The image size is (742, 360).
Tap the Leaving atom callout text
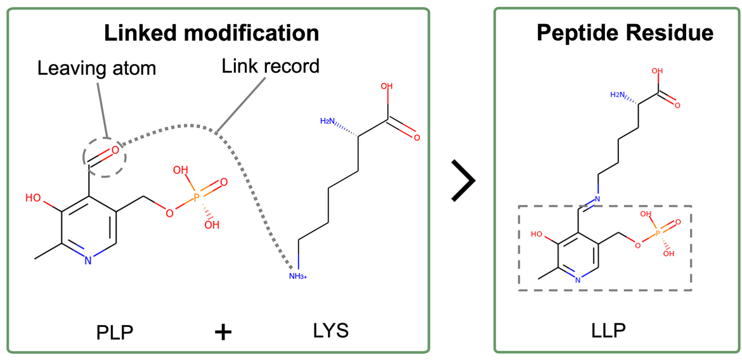(x=96, y=68)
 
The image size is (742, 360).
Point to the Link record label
(x=271, y=65)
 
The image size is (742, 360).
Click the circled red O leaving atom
(x=115, y=151)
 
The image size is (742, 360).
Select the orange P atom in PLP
(x=197, y=198)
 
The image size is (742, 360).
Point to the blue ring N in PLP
(x=88, y=259)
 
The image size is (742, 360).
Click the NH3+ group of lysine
(x=297, y=276)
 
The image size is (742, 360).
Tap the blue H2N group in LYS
(x=328, y=121)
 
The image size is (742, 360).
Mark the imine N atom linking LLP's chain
(x=597, y=200)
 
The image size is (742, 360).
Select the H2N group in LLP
(x=617, y=94)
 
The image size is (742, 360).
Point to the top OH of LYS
(x=386, y=87)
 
